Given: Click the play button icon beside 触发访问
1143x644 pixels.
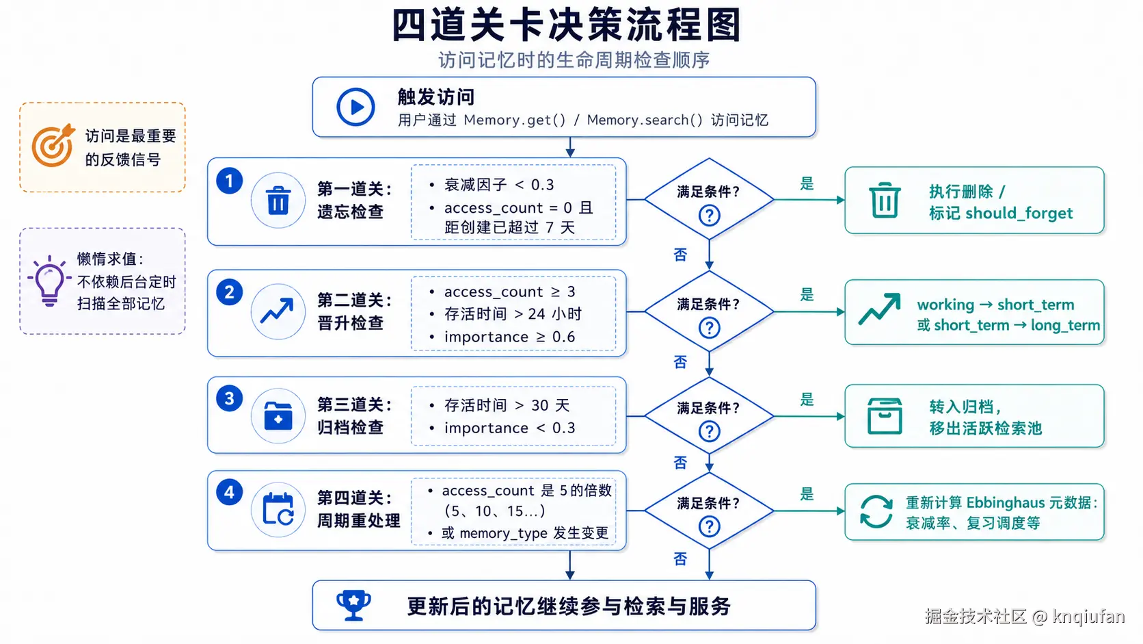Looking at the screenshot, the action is [x=355, y=107].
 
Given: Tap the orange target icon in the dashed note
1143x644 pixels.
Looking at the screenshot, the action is [x=53, y=146].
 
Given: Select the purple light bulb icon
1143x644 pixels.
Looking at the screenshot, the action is [x=49, y=281].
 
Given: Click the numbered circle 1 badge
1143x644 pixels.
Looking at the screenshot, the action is [x=230, y=181].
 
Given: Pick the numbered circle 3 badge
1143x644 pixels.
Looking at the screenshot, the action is [x=230, y=398].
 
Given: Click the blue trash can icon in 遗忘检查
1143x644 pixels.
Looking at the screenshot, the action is [x=278, y=201].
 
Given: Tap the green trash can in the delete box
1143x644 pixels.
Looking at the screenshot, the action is [x=885, y=201].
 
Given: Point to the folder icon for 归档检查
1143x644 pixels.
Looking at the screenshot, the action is [x=278, y=416].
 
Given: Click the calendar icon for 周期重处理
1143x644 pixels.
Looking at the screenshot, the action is [x=278, y=509].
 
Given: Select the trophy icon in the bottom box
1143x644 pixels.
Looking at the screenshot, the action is [x=353, y=606].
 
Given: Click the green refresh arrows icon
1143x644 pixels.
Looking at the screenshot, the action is [x=876, y=511].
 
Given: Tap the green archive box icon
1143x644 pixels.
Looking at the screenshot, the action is [x=885, y=416].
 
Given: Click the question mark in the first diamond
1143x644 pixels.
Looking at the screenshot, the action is [x=710, y=216].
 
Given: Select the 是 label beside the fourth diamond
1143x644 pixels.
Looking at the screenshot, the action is [x=807, y=494].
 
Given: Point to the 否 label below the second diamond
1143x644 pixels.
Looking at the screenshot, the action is [x=680, y=362].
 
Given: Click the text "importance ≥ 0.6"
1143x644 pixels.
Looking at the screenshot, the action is [x=509, y=337].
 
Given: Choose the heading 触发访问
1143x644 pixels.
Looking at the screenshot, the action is [x=436, y=97].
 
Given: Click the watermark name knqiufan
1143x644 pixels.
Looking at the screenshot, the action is [x=1088, y=617].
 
